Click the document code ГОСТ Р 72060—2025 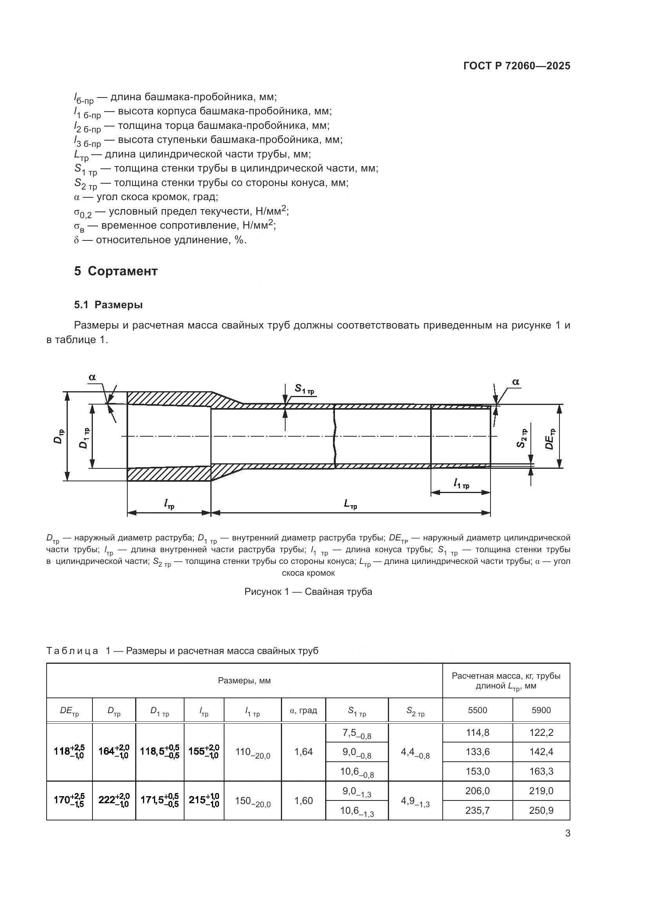[517, 66]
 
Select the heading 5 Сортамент [116, 271]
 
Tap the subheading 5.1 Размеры [108, 305]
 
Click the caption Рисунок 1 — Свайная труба [308, 592]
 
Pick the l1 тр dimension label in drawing [461, 484]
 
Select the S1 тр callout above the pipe [304, 388]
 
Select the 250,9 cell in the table [541, 810]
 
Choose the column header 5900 [541, 710]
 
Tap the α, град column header [303, 710]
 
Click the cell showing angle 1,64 [303, 752]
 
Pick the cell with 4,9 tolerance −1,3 [415, 801]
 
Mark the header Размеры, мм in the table [244, 681]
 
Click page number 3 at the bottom [567, 833]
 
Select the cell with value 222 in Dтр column [114, 800]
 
